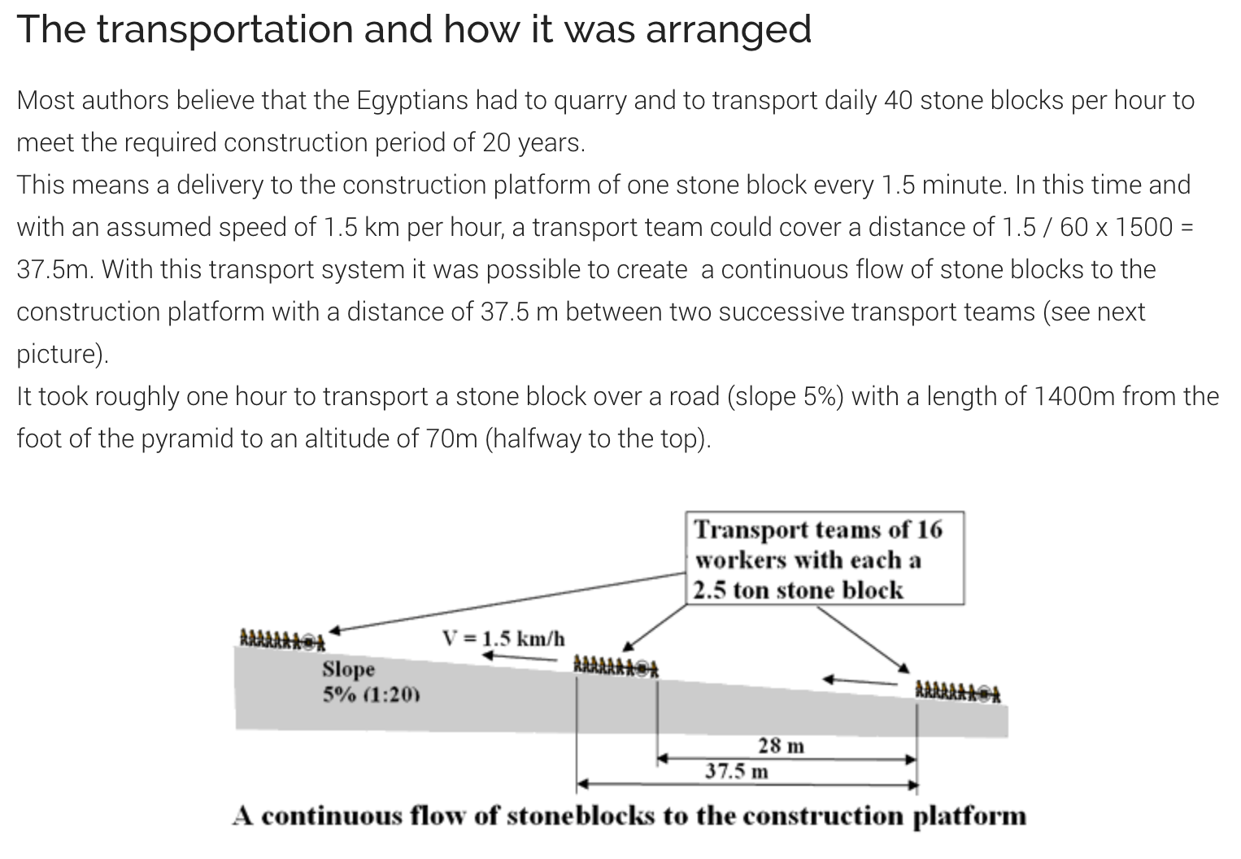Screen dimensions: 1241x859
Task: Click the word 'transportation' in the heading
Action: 225,29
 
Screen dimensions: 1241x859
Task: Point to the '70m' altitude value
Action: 451,438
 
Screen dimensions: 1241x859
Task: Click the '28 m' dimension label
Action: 781,745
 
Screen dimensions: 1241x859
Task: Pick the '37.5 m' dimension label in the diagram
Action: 736,771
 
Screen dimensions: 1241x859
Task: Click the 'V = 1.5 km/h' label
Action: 503,639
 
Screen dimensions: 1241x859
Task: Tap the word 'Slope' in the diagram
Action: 349,669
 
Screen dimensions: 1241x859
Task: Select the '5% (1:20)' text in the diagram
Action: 371,694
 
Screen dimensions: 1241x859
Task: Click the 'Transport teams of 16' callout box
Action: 825,558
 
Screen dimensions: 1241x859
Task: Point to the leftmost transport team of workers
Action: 282,639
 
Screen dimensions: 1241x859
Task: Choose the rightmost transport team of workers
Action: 958,691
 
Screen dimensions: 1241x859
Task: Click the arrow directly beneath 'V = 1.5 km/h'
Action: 520,657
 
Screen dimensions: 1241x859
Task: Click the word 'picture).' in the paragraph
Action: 63,355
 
